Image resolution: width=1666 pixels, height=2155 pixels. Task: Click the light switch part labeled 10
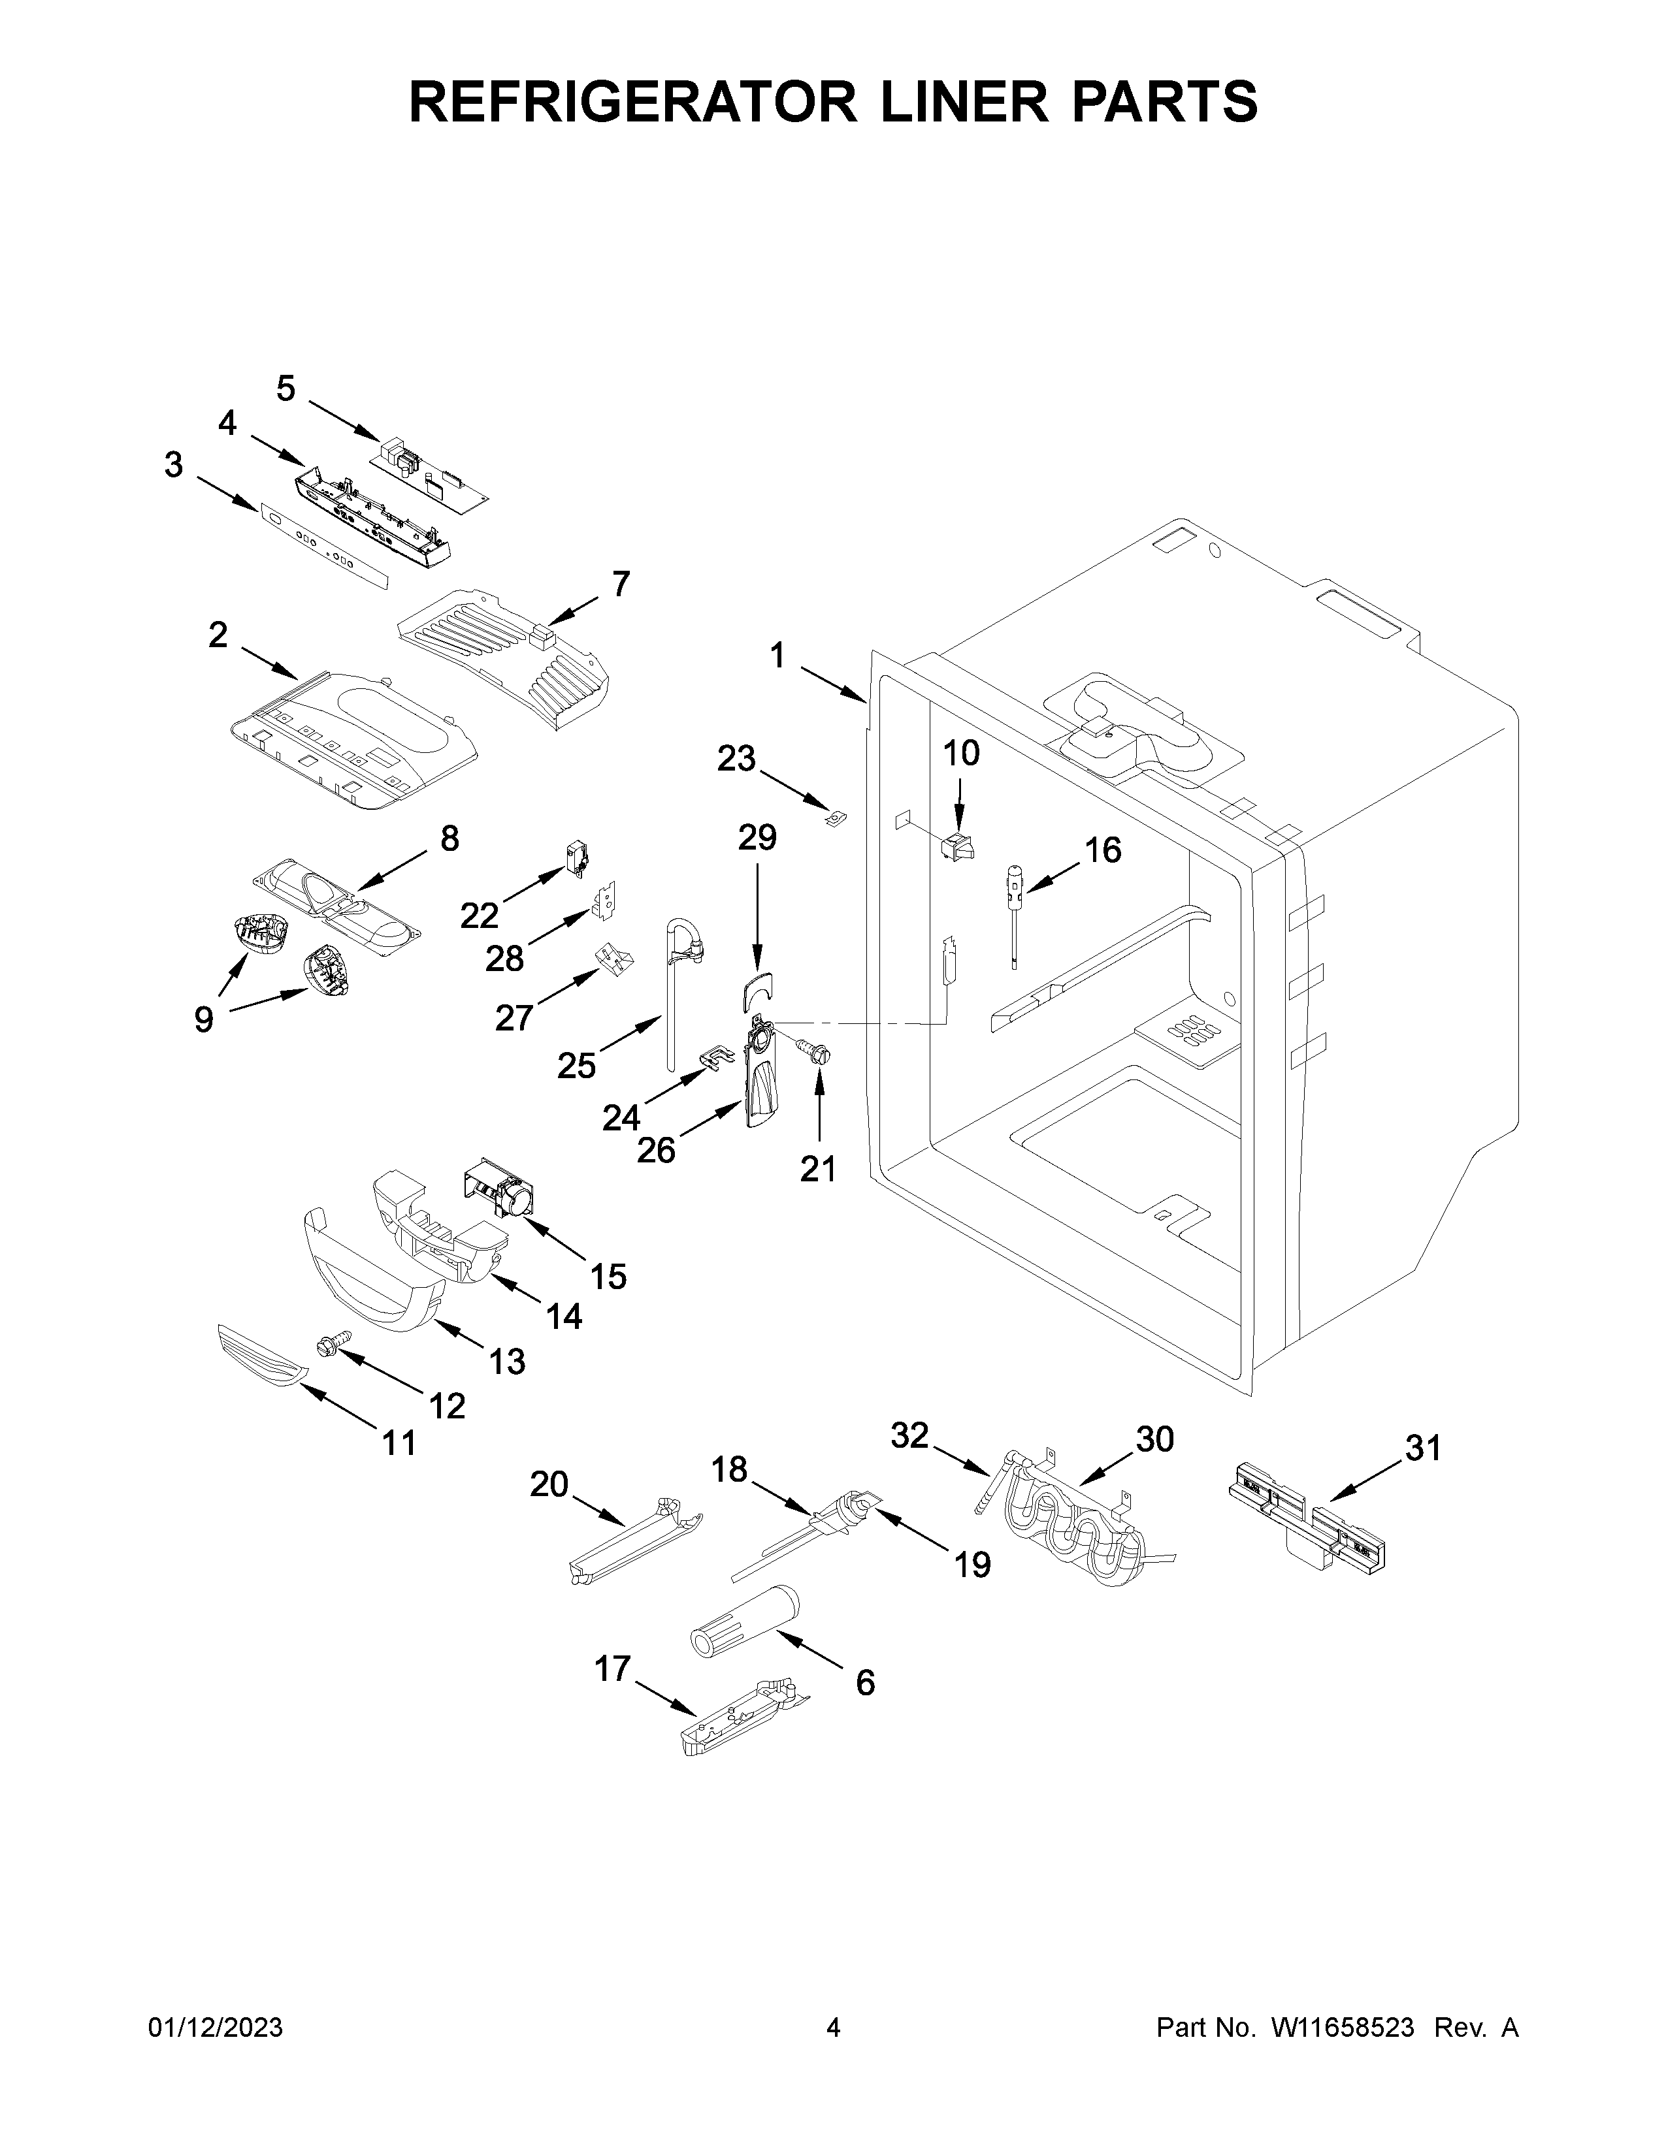click(957, 846)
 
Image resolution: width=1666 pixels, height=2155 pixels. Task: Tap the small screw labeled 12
click(331, 1345)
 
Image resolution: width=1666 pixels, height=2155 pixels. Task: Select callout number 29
click(757, 838)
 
